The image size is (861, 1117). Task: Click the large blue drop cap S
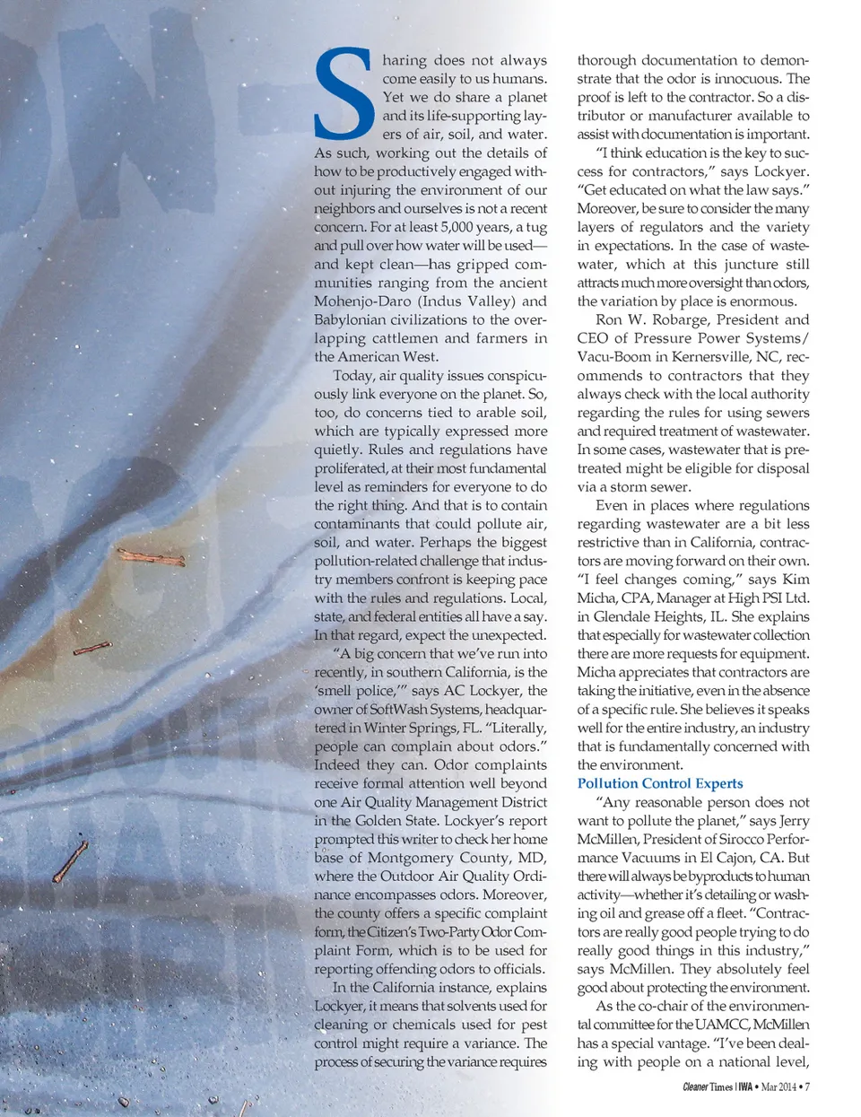pyautogui.click(x=344, y=94)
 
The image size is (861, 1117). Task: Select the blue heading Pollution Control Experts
pyautogui.click(x=659, y=783)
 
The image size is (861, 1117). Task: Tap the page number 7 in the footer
pyautogui.click(x=807, y=1086)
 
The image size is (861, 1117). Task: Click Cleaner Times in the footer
pyautogui.click(x=708, y=1086)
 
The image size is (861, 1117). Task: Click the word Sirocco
pyautogui.click(x=717, y=839)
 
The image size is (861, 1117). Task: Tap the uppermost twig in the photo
pyautogui.click(x=151, y=558)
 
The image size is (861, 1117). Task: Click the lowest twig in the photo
pyautogui.click(x=70, y=861)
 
